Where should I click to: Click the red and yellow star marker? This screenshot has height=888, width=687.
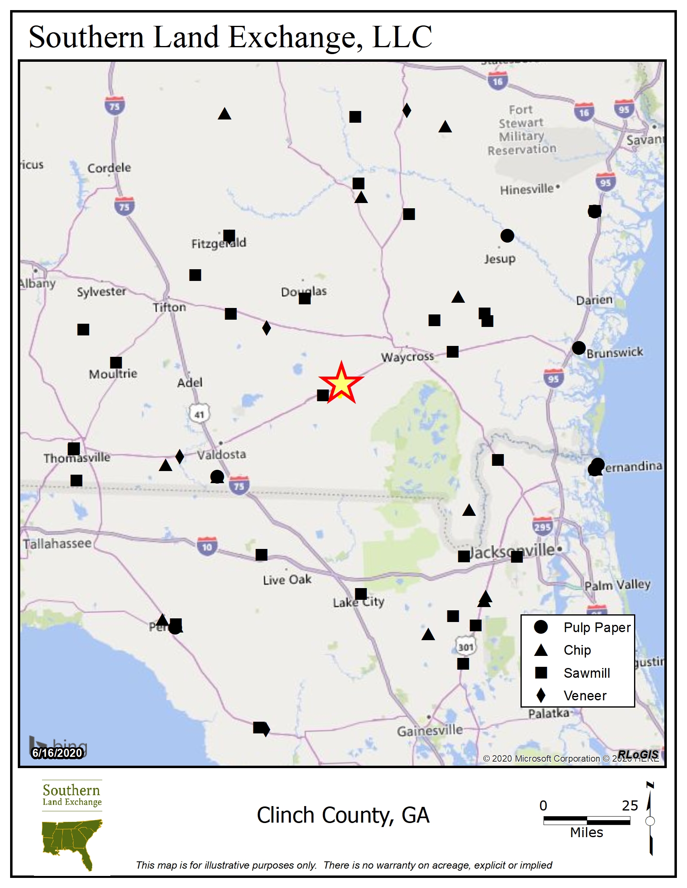(341, 383)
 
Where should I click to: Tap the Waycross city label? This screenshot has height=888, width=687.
(407, 357)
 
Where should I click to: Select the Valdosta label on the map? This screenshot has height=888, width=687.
(222, 454)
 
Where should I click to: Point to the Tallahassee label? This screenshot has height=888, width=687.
(57, 544)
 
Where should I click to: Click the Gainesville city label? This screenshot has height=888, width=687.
(430, 731)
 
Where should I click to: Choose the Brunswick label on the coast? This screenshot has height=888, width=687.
(615, 352)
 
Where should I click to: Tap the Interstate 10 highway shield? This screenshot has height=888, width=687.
(207, 547)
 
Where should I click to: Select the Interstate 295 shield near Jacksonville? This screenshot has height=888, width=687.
(542, 526)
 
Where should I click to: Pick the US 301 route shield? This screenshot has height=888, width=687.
(466, 647)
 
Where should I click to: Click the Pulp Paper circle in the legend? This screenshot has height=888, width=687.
(541, 627)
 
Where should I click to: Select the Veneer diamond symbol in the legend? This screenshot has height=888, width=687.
(541, 695)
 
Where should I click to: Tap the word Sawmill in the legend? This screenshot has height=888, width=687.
(586, 673)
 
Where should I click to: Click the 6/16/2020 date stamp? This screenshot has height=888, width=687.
(57, 753)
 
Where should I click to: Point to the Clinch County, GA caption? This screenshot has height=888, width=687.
(343, 815)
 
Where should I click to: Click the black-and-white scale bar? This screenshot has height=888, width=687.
(586, 820)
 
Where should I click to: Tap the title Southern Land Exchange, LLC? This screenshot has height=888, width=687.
(230, 37)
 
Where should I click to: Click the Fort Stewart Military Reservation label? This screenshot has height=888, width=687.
(522, 130)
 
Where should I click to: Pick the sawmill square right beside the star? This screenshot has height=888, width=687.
(323, 395)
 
